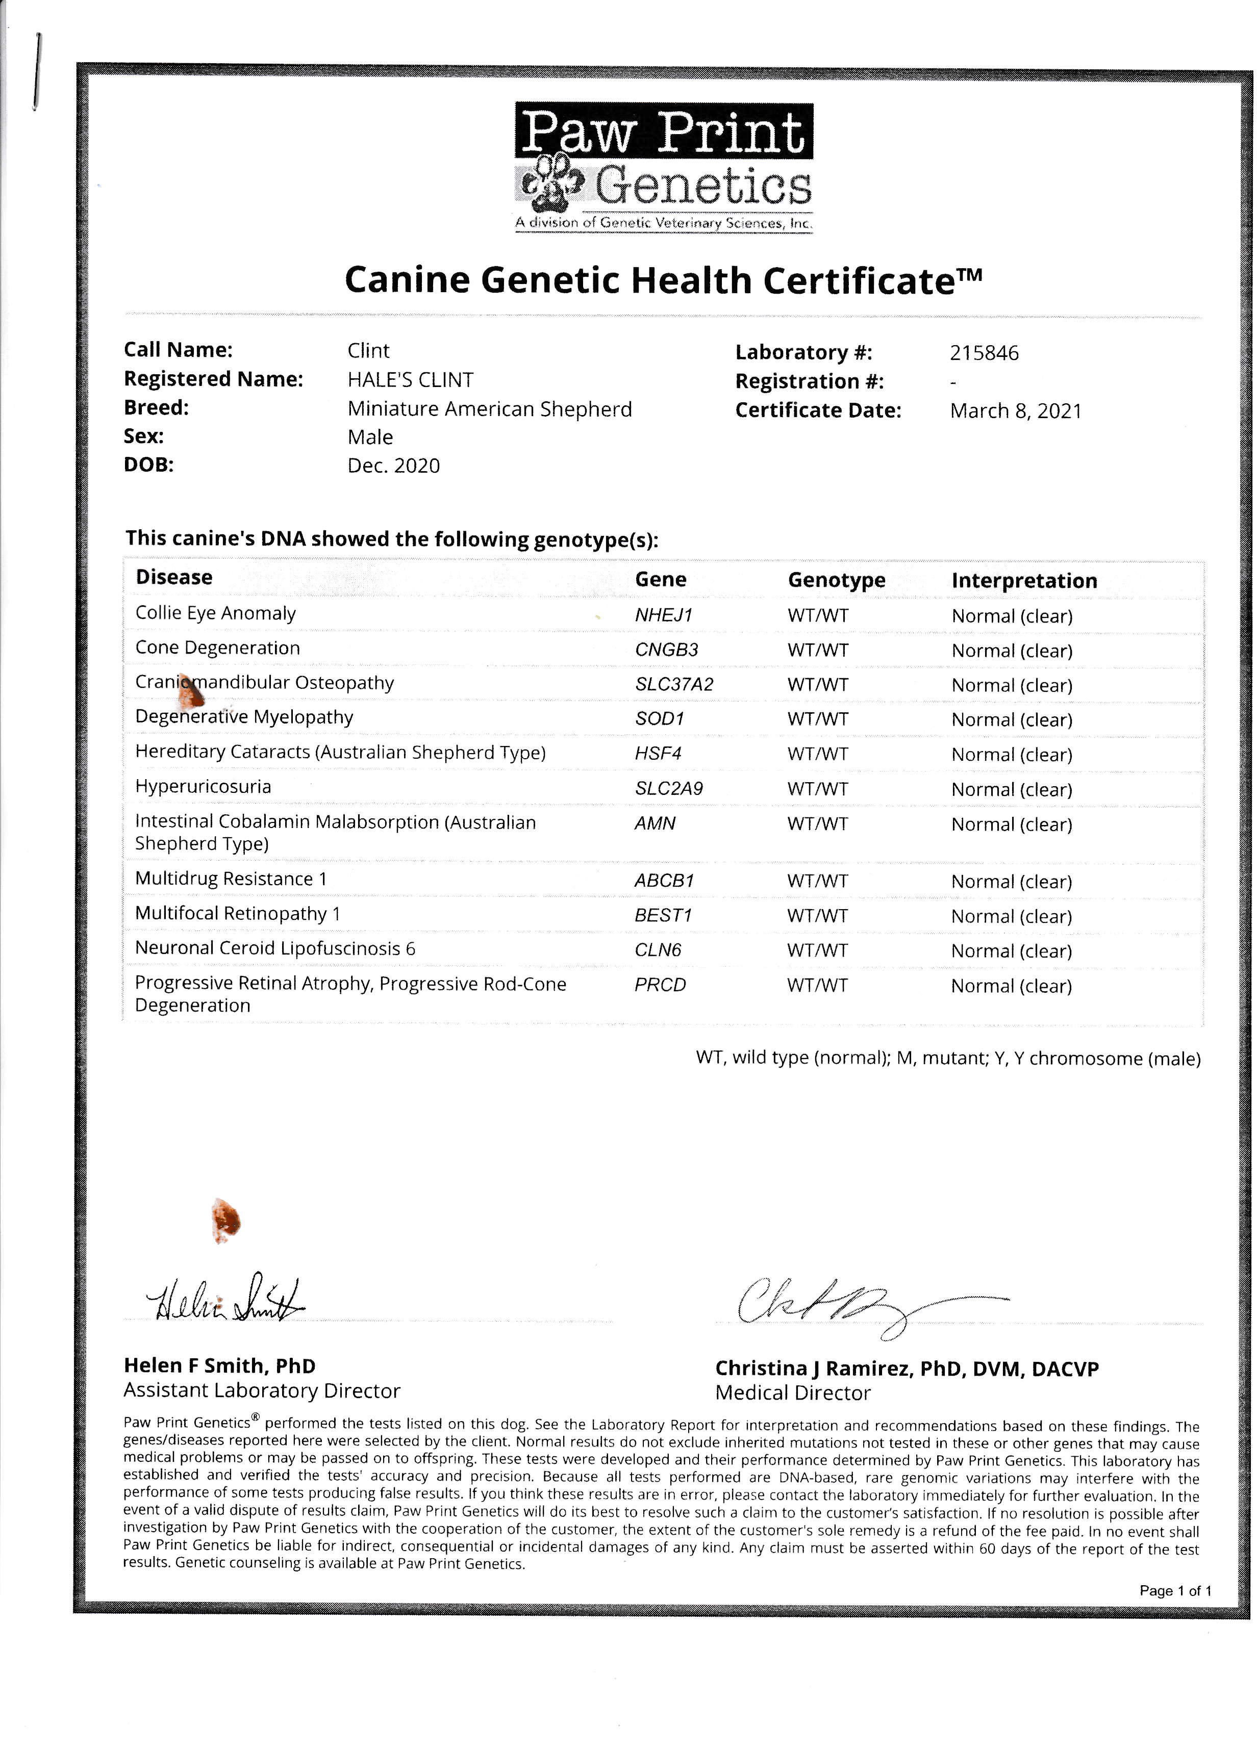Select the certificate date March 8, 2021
click(x=1015, y=410)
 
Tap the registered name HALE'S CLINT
click(x=410, y=380)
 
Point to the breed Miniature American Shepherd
click(x=489, y=409)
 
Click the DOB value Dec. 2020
click(x=393, y=466)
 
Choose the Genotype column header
click(x=836, y=580)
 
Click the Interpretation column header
click(x=1023, y=581)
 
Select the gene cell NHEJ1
click(x=663, y=615)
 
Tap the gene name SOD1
click(x=659, y=718)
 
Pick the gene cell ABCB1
click(x=664, y=880)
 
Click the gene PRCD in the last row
click(x=660, y=985)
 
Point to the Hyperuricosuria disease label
click(x=203, y=787)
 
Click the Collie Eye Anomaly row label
click(x=215, y=613)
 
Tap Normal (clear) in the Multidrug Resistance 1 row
click(x=1011, y=882)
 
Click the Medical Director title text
click(x=792, y=1393)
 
